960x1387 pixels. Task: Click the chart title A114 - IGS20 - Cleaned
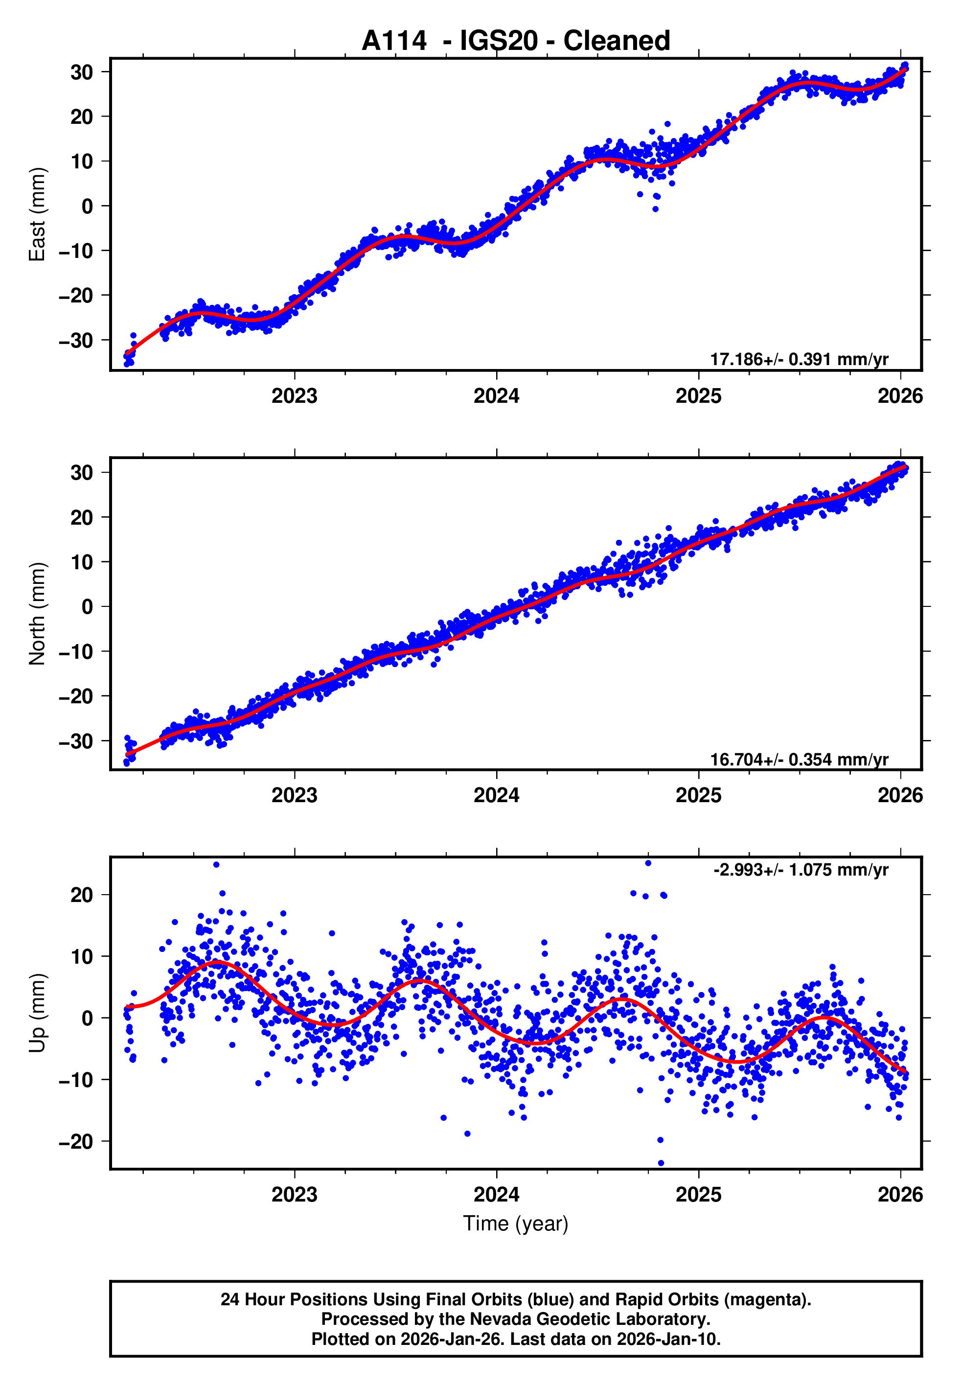click(x=516, y=41)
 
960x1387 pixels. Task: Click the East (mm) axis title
click(x=37, y=214)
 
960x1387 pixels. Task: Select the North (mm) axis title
click(x=37, y=614)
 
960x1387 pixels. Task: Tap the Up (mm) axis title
click(x=37, y=1013)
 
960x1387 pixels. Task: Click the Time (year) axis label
click(x=516, y=1224)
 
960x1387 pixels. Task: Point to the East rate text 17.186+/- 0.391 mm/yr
click(x=799, y=359)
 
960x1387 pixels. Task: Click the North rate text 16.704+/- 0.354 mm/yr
click(x=799, y=759)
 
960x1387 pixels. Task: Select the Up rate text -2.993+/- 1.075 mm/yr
click(x=800, y=870)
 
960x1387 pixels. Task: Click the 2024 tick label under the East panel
click(x=496, y=396)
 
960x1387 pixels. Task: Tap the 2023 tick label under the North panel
click(x=294, y=796)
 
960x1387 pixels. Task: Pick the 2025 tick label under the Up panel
click(x=698, y=1195)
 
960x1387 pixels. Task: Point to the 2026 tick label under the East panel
click(x=900, y=396)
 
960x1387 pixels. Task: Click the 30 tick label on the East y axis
click(x=82, y=72)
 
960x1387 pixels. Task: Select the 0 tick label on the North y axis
click(x=88, y=607)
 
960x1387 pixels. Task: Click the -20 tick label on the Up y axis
click(x=76, y=1142)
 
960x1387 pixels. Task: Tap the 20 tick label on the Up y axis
click(x=82, y=895)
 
